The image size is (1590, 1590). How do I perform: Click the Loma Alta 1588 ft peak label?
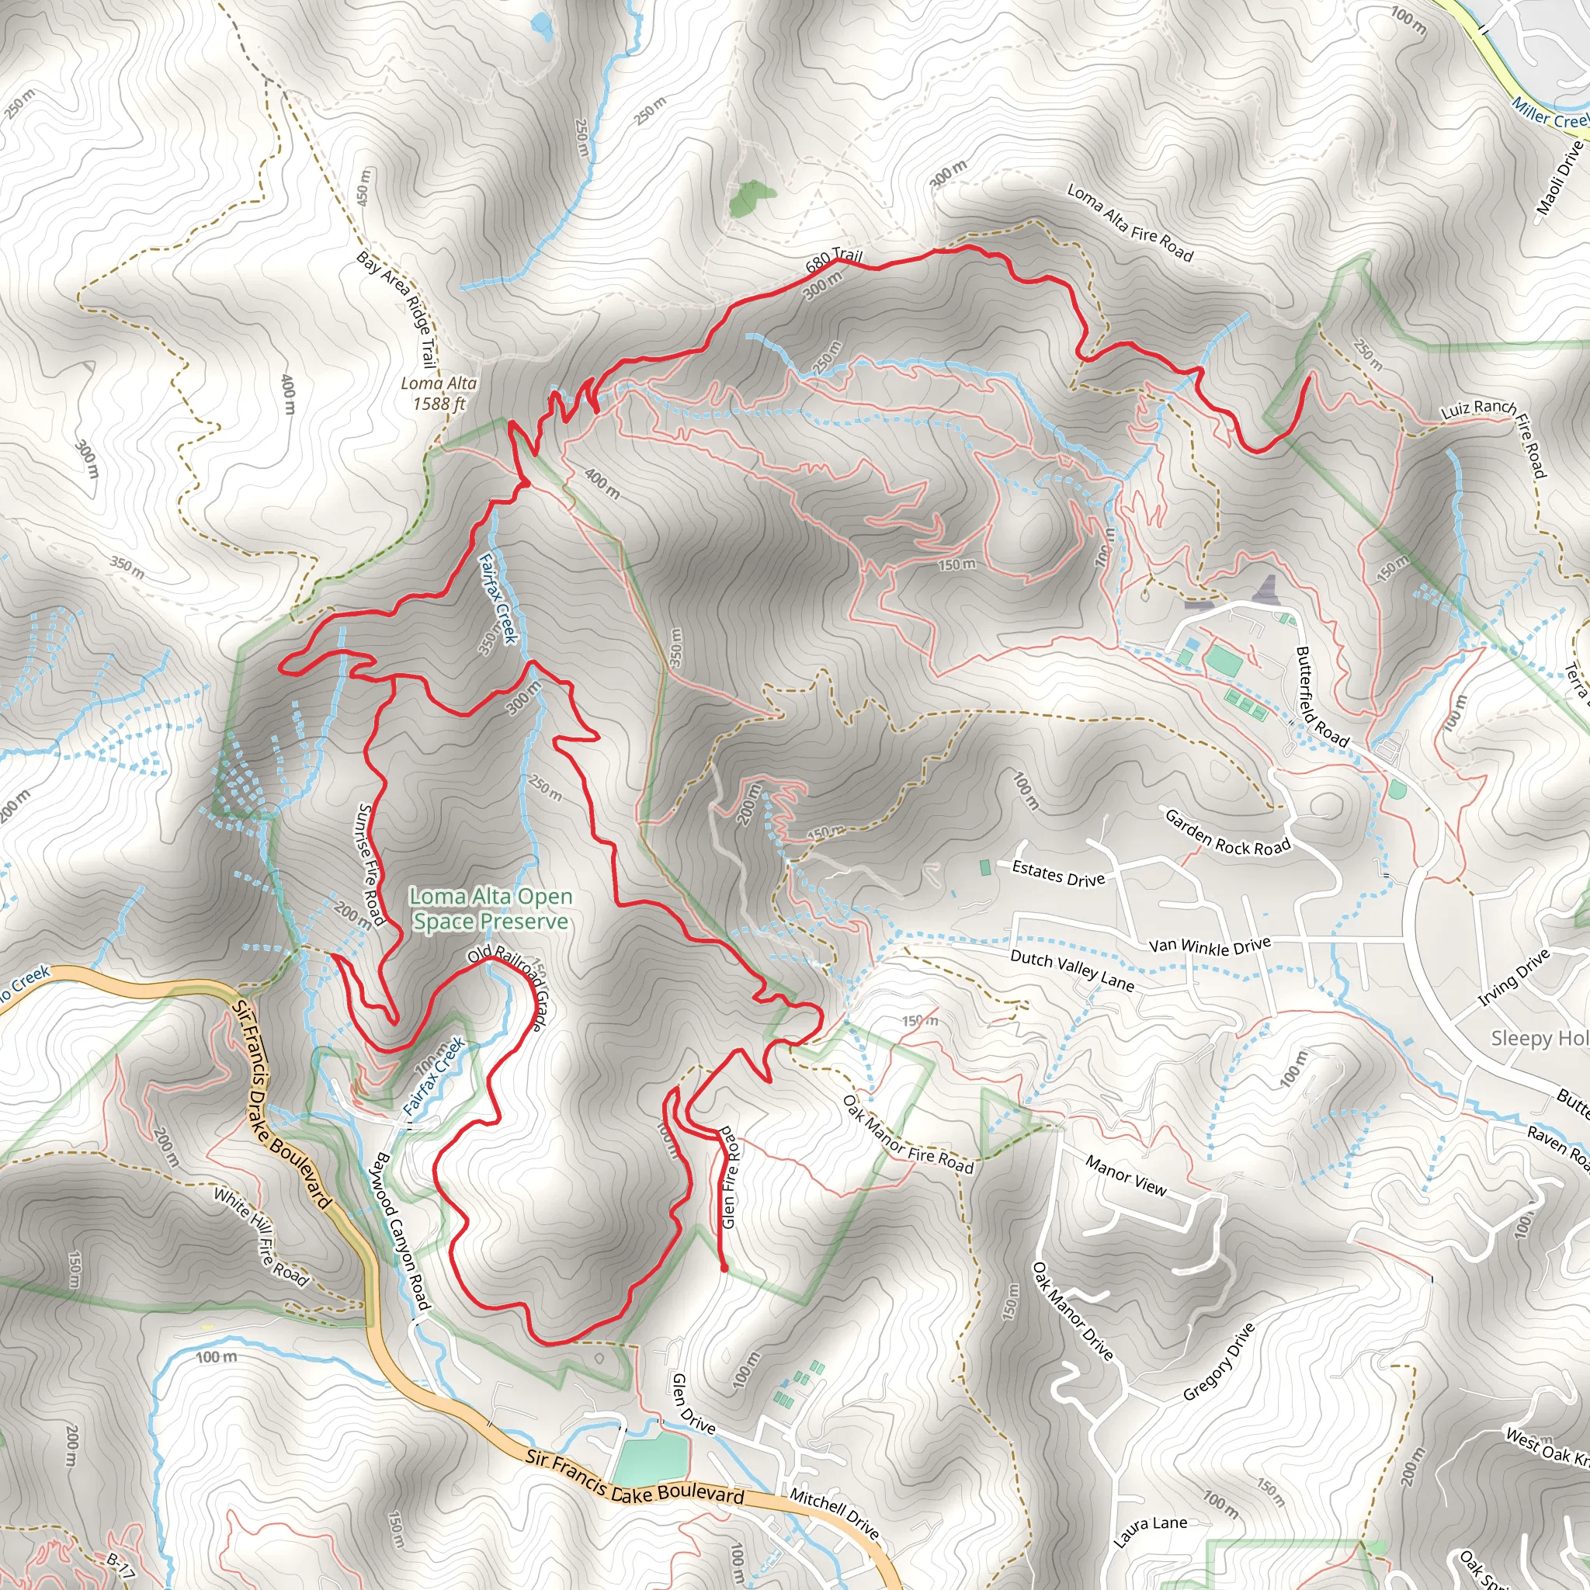439,394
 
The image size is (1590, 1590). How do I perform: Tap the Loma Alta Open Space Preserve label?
491,908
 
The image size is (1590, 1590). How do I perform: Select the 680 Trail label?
834,259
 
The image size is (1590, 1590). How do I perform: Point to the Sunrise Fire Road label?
371,864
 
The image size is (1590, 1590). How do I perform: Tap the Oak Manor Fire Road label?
908,1135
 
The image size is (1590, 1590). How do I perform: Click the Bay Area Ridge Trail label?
396,309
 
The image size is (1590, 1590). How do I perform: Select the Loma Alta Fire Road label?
1130,222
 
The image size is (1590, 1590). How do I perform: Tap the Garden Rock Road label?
1228,834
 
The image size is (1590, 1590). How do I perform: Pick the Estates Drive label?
1058,874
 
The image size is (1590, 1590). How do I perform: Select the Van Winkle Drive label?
1210,946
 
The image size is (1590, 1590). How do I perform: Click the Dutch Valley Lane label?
1071,970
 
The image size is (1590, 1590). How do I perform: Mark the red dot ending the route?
724,1269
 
